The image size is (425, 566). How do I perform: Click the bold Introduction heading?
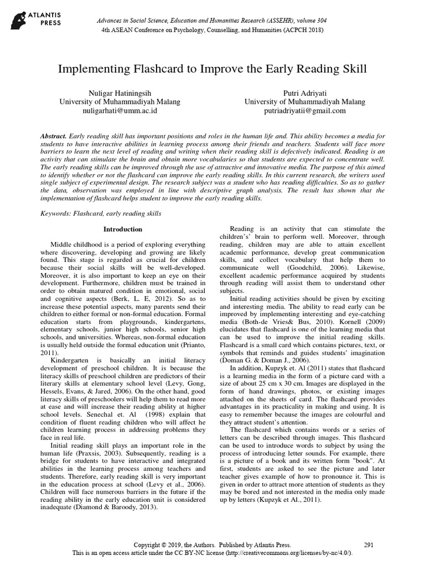pos(123,229)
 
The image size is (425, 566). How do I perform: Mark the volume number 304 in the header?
pos(319,20)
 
